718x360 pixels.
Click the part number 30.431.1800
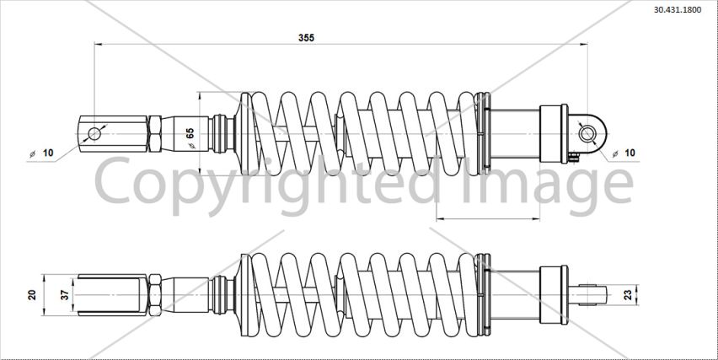click(x=677, y=10)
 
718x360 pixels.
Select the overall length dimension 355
click(x=307, y=38)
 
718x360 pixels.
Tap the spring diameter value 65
click(x=190, y=133)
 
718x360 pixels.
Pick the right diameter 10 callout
click(x=624, y=153)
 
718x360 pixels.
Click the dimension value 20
click(x=32, y=295)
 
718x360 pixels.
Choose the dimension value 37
click(x=65, y=295)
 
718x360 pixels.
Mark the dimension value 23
click(x=629, y=295)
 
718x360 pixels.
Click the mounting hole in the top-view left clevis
click(x=94, y=134)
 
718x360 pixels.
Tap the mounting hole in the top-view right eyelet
click(x=587, y=134)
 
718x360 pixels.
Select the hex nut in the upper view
click(x=155, y=134)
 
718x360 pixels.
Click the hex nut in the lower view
click(x=155, y=295)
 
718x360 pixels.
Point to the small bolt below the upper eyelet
click(x=574, y=158)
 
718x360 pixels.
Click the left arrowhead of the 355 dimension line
click(x=98, y=45)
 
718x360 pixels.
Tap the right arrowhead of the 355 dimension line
click(x=584, y=45)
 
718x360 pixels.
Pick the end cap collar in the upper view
click(x=554, y=134)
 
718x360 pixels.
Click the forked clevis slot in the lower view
click(x=109, y=295)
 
